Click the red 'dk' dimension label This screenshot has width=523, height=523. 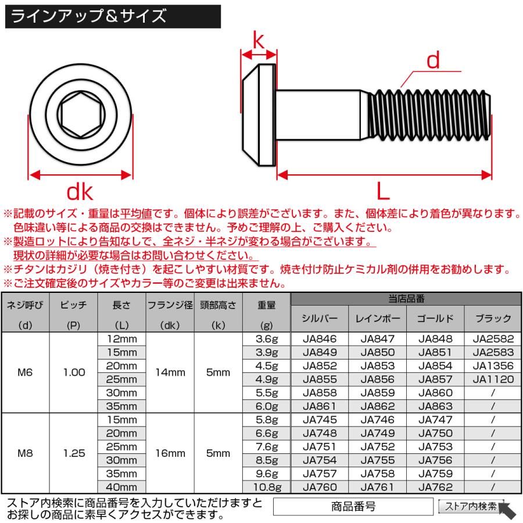(x=80, y=192)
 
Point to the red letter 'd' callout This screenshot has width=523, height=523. (x=433, y=60)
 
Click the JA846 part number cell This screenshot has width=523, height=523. (x=320, y=339)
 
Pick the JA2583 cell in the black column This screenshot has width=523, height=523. (x=493, y=352)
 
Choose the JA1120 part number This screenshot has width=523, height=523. (x=493, y=379)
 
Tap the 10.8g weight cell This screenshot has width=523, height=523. (x=266, y=487)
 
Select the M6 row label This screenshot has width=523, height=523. (x=25, y=372)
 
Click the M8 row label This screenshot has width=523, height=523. (x=25, y=453)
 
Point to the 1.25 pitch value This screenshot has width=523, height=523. (x=74, y=453)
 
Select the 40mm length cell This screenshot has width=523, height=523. (x=123, y=487)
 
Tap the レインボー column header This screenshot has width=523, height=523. (x=377, y=318)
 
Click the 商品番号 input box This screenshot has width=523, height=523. (x=353, y=506)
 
